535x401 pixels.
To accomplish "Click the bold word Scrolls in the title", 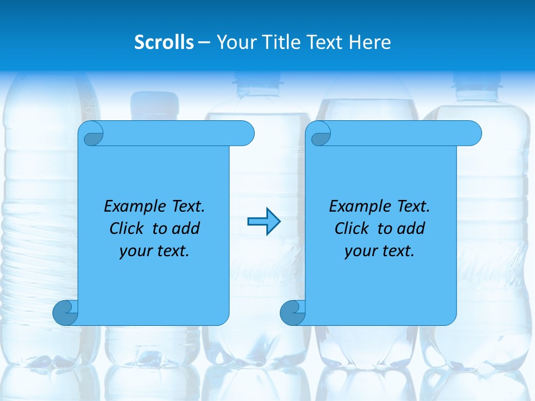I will pos(164,42).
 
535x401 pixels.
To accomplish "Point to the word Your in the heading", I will pos(236,42).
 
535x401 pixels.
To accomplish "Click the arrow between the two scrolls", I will pos(264,222).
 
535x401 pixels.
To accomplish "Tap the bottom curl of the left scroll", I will pos(65,312).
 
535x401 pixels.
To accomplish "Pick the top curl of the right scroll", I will pos(320,134).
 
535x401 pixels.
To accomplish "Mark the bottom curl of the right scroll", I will pos(292,312).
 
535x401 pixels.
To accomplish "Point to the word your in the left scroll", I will pos(134,251).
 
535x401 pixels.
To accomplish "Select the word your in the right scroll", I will pos(359,251).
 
